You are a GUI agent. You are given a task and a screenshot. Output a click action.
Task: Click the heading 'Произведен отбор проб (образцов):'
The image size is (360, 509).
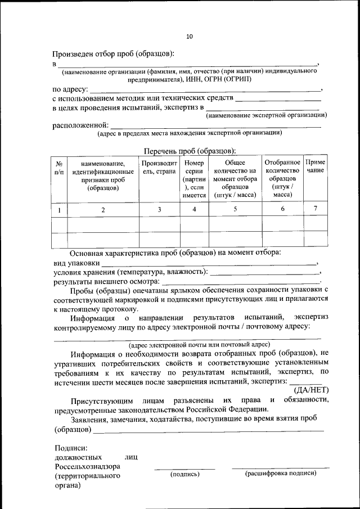point(114,54)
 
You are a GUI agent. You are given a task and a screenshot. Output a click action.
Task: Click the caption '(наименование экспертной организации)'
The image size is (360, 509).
point(267,115)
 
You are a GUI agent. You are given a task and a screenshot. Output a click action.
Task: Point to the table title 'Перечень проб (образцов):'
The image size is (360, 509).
point(190,151)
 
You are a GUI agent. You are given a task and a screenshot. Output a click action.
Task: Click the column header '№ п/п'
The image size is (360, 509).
point(59,168)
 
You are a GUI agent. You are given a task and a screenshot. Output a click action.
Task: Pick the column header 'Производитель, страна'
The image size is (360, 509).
point(159,167)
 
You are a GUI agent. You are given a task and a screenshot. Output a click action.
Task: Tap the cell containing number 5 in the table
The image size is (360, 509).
point(235,209)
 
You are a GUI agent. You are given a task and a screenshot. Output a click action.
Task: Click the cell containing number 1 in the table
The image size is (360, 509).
point(59,210)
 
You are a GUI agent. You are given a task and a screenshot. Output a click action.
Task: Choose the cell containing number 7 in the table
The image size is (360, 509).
point(315,209)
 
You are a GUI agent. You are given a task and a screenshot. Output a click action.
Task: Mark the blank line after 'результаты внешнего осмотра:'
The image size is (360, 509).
point(240,281)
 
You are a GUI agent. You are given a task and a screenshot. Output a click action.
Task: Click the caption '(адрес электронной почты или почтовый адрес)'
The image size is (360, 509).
point(200,344)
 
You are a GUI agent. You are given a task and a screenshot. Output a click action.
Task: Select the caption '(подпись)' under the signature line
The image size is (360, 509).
point(185,474)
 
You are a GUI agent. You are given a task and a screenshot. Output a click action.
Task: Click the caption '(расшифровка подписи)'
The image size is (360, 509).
point(281,474)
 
